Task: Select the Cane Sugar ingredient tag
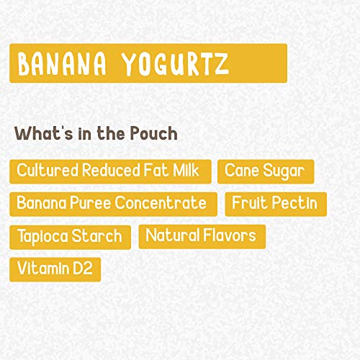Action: point(266,171)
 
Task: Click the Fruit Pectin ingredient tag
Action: point(274,204)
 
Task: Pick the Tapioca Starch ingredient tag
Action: point(70,237)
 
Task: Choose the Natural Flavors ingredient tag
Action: point(202,236)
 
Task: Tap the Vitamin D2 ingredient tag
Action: point(55,269)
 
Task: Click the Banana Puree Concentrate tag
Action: point(112,204)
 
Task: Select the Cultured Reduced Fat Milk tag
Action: point(110,171)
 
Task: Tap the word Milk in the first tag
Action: point(189,171)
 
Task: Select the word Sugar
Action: point(282,171)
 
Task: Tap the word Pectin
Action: point(293,204)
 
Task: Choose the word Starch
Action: point(99,237)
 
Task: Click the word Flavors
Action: point(228,236)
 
